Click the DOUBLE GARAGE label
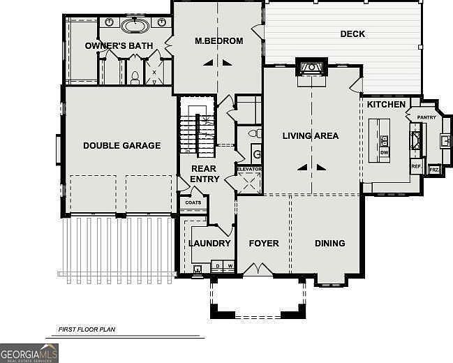coord(121,146)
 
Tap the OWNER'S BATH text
coord(119,46)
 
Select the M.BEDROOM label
coord(219,41)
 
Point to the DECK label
coord(352,34)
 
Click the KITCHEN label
coord(387,105)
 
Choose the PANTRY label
coord(426,117)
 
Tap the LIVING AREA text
coord(311,135)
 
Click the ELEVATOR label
coord(248,170)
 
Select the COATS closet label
coord(193,202)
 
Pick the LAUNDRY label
coord(209,244)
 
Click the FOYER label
coord(264,244)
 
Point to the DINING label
coord(329,244)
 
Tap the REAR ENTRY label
coord(205,174)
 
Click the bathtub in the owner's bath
coord(134,27)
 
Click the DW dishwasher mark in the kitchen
coord(384,151)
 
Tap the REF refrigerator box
coord(416,168)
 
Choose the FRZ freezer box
coord(433,170)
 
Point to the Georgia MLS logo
coord(29,353)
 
